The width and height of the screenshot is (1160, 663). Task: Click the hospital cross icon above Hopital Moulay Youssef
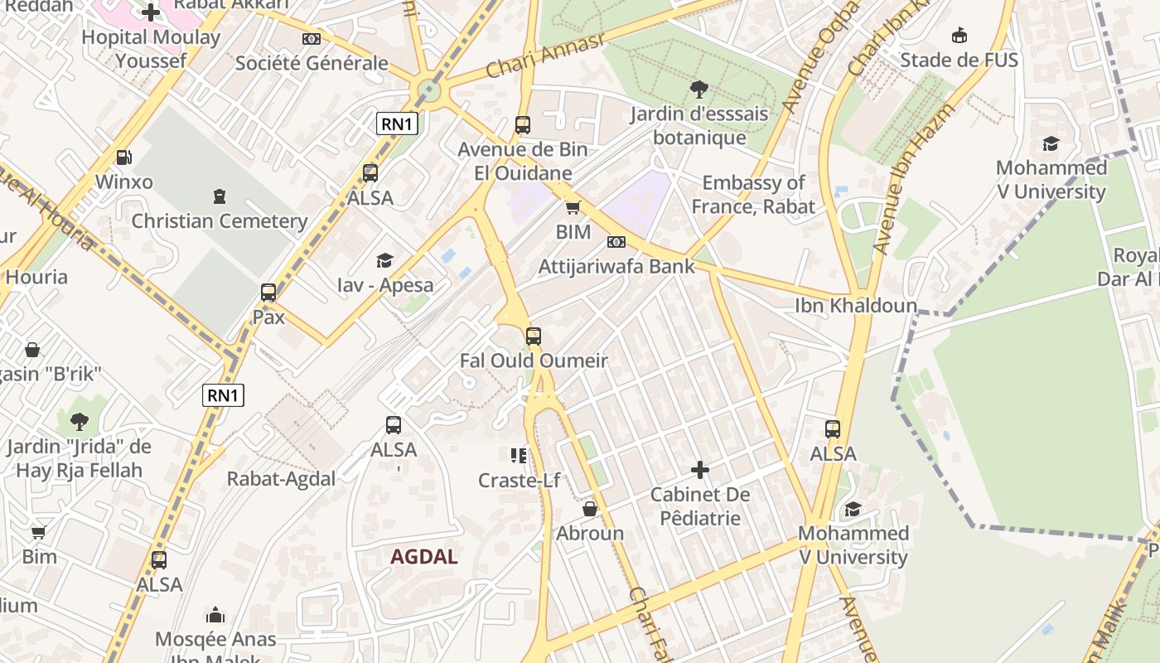pyautogui.click(x=151, y=12)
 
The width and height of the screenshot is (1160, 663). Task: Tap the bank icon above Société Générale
pyautogui.click(x=312, y=39)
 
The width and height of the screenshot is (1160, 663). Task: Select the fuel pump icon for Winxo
pyautogui.click(x=123, y=157)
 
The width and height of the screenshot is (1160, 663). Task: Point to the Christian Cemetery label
pyautogui.click(x=220, y=221)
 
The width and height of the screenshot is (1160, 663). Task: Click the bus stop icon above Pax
pyautogui.click(x=268, y=293)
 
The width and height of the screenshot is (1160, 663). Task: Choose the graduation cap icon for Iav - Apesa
pyautogui.click(x=384, y=261)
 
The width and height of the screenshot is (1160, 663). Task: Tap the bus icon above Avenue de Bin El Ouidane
pyautogui.click(x=523, y=125)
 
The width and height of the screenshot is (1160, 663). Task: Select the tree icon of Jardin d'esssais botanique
pyautogui.click(x=699, y=90)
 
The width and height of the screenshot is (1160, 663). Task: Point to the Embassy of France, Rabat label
pyautogui.click(x=753, y=195)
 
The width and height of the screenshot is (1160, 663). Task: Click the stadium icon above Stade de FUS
pyautogui.click(x=959, y=36)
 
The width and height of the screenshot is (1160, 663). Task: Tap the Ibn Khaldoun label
pyautogui.click(x=856, y=306)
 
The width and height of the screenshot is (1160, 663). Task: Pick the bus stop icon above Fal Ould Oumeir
pyautogui.click(x=534, y=336)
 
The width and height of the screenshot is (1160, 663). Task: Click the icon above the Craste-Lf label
pyautogui.click(x=519, y=455)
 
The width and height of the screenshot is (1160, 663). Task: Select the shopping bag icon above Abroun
pyautogui.click(x=590, y=509)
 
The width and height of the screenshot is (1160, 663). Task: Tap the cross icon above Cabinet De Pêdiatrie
pyautogui.click(x=700, y=471)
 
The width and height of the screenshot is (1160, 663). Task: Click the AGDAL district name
pyautogui.click(x=424, y=557)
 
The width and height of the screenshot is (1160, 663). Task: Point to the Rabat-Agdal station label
pyautogui.click(x=282, y=479)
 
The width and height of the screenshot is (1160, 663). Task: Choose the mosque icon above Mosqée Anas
pyautogui.click(x=215, y=615)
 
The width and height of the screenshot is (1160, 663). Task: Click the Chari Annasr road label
pyautogui.click(x=545, y=56)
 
